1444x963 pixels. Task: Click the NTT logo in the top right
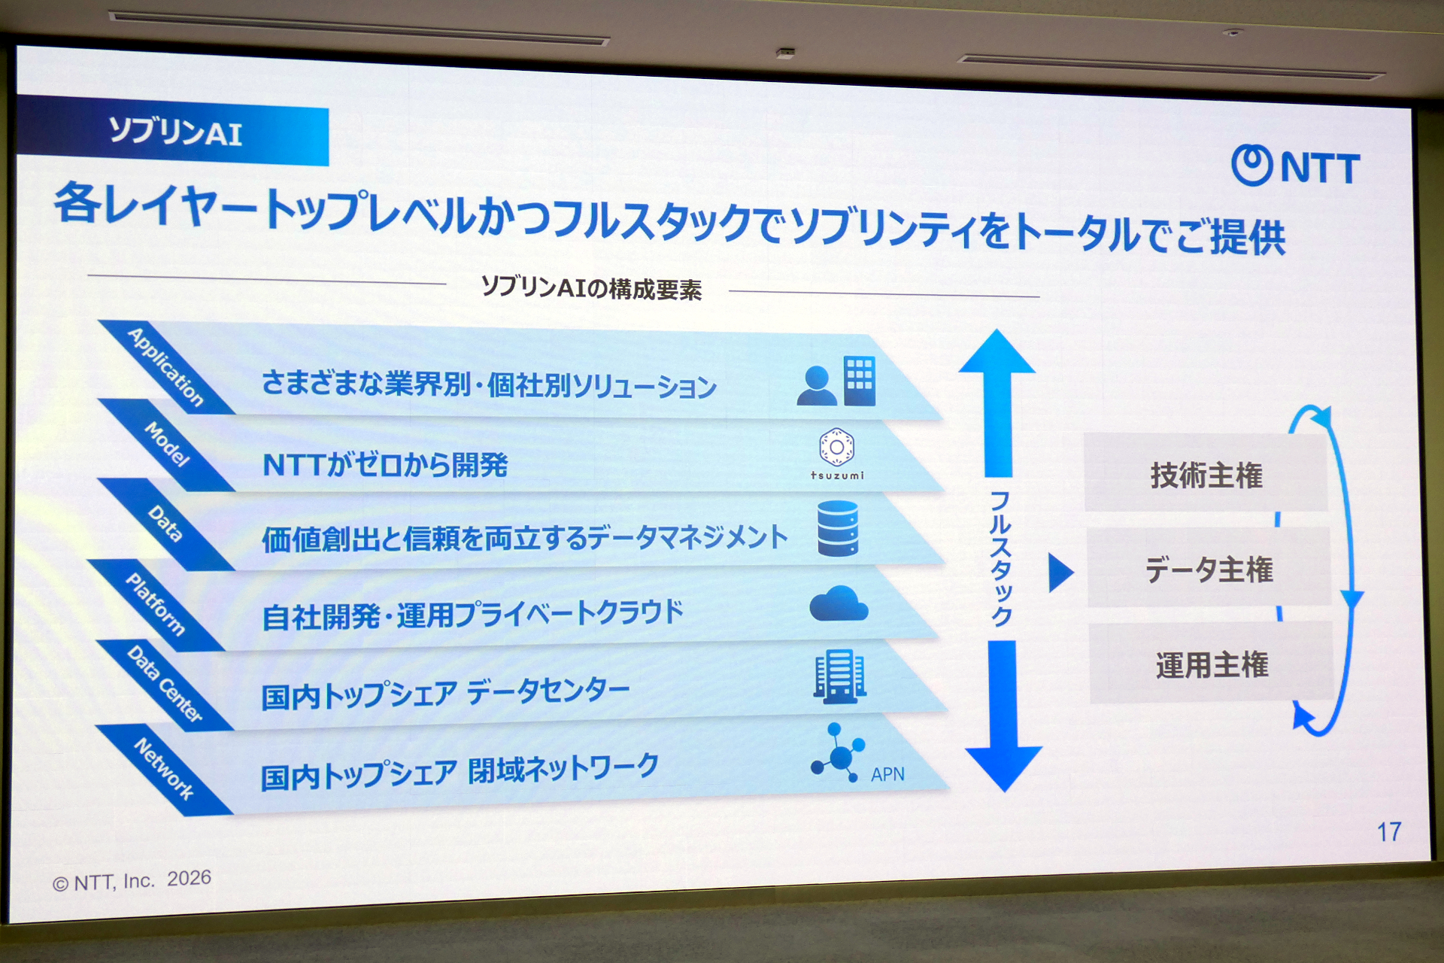point(1295,166)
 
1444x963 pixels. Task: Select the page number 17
point(1388,831)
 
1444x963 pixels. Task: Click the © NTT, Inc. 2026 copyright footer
point(132,880)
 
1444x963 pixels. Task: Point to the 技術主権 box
point(1206,474)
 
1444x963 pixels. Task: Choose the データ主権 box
point(1209,568)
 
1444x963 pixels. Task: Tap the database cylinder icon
point(838,528)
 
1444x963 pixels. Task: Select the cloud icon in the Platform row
point(839,603)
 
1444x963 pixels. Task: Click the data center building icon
point(839,676)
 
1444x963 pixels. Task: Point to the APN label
point(887,774)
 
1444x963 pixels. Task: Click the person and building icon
point(836,381)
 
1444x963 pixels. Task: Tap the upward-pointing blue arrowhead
point(997,352)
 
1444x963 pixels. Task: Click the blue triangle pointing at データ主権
point(1060,573)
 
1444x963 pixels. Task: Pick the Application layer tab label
point(165,367)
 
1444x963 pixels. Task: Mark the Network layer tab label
point(164,767)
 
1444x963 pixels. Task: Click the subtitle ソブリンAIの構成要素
point(591,288)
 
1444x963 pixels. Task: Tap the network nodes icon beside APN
point(838,752)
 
